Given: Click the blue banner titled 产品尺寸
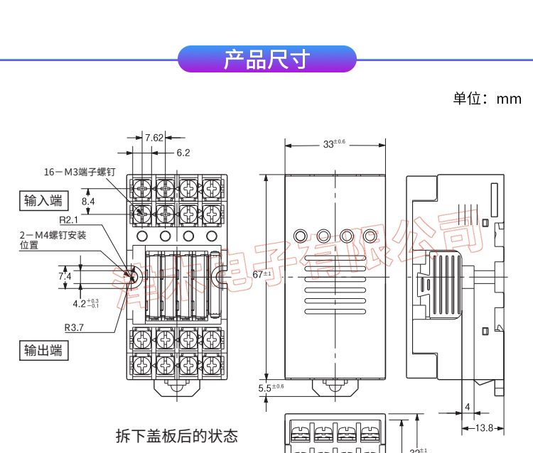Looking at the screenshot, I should coord(266,59).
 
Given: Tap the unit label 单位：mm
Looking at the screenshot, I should coord(487,99).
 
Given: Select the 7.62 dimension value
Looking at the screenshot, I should coord(154,138).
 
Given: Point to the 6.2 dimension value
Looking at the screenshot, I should coord(183,152).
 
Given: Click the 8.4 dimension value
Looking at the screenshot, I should coord(89,202).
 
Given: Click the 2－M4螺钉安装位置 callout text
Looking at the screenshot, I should coord(52,240).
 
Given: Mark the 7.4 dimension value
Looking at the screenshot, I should coord(65,275).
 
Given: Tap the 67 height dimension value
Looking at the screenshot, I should coord(262,274).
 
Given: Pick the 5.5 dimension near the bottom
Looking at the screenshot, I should coord(270,387).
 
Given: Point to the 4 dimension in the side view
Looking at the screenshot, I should coord(467,407).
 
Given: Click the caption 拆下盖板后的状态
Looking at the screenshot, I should coord(177,435).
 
